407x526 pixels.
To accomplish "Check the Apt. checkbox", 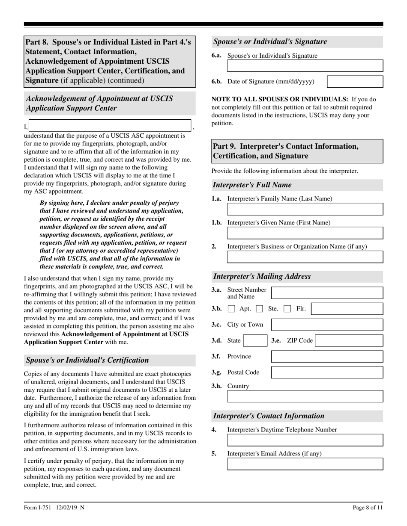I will tap(231, 309).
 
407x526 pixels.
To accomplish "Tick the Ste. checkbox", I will tap(260, 309).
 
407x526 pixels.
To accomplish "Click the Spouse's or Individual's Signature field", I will tap(305, 65).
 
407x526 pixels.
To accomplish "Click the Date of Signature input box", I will tap(355, 82).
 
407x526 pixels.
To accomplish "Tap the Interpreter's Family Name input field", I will tap(305, 209).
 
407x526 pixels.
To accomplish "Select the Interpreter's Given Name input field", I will tap(305, 233).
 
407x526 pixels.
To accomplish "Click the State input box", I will tap(256, 341).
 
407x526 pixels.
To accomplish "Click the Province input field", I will tap(327, 357).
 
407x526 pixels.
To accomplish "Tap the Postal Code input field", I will tap(327, 372).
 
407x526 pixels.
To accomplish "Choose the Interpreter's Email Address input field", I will tap(305, 464).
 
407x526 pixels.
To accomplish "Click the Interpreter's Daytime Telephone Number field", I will tap(305, 440).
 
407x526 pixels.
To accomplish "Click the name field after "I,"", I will tap(110, 126).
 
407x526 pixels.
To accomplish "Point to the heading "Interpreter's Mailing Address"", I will tap(262, 276).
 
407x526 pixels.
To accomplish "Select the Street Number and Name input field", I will tap(327, 293).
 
